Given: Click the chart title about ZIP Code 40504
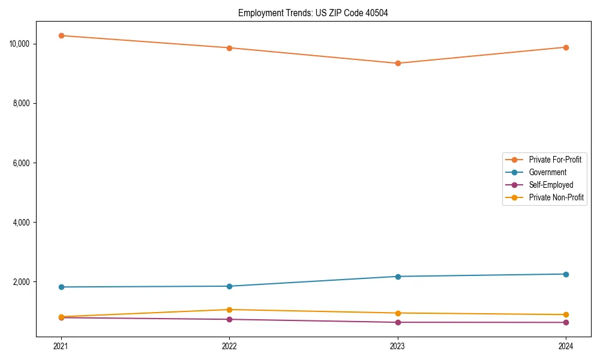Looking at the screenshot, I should click(x=313, y=13).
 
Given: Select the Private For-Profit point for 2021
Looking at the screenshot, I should click(x=61, y=35).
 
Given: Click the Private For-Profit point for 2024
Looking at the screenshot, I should click(x=566, y=47).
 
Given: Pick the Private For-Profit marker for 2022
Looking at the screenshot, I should click(x=229, y=48).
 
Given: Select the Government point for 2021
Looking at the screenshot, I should click(x=61, y=287).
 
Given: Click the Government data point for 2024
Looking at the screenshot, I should click(x=566, y=274).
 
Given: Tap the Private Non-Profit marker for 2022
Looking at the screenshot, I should click(x=229, y=310).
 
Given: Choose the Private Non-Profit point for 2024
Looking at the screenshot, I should click(x=566, y=314).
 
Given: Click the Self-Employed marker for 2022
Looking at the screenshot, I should click(x=229, y=319).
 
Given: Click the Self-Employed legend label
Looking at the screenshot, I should click(x=551, y=185).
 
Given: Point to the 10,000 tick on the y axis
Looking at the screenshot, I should click(x=23, y=44).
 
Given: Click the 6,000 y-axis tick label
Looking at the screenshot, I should click(x=25, y=163).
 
